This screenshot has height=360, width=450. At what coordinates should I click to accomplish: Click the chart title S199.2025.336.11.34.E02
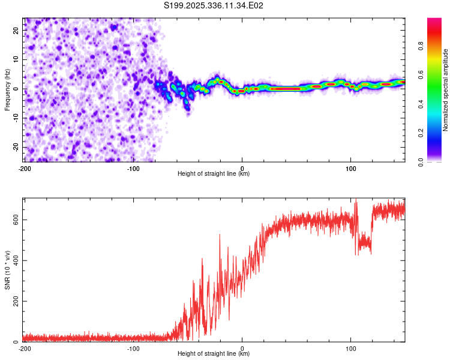point(214,6)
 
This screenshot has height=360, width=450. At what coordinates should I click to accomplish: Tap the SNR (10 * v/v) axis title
point(7,269)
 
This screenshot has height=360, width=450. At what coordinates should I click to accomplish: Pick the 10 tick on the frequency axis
point(16,59)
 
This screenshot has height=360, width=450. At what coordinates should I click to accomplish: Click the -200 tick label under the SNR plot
point(25,348)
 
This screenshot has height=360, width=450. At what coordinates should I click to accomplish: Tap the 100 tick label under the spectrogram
point(351,168)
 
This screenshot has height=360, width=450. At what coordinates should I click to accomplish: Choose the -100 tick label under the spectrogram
point(133,168)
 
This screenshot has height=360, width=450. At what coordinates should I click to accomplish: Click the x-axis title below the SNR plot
point(214,354)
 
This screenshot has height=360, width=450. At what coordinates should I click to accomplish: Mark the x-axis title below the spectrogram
point(214,174)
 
